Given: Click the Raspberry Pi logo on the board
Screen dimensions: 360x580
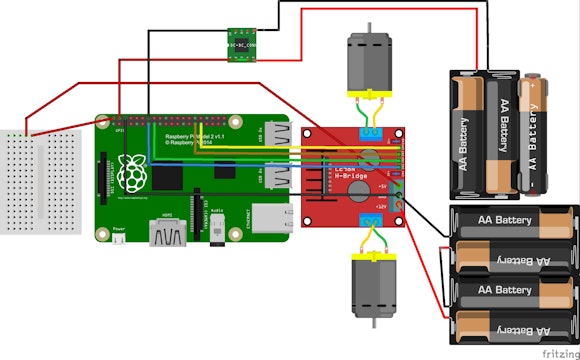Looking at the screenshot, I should click(131, 172).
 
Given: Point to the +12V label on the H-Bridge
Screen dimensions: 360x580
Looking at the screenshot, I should click(380, 206).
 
